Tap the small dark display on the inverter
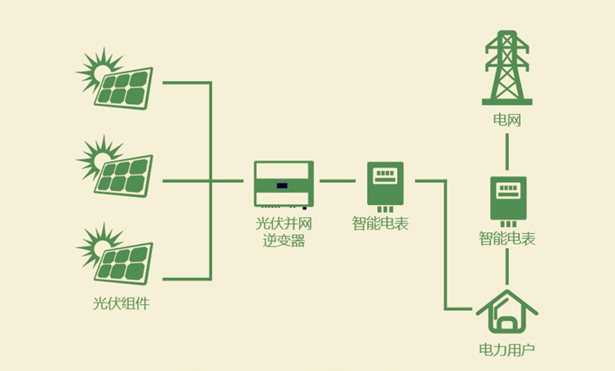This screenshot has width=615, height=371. [281, 185]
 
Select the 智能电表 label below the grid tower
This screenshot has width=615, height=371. [507, 239]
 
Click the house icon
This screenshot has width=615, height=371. [507, 314]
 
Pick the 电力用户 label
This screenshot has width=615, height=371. [506, 350]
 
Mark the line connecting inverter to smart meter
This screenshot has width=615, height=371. [337, 181]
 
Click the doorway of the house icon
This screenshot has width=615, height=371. [509, 324]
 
